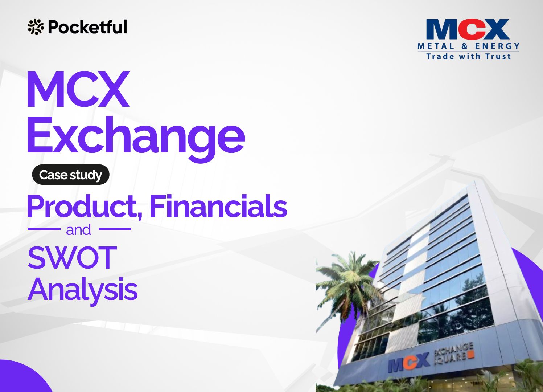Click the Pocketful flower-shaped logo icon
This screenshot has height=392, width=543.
(36, 27)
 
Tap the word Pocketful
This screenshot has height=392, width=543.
(87, 27)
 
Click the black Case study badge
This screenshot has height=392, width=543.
(70, 175)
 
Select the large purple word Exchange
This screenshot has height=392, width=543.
(136, 138)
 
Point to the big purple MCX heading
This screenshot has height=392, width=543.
(78, 89)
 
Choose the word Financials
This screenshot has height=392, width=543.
(218, 206)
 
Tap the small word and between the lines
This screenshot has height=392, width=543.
(79, 230)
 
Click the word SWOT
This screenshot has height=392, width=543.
(72, 257)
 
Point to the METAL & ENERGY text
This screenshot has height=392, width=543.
(468, 46)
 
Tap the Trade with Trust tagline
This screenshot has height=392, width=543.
(468, 57)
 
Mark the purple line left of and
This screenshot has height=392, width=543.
(44, 229)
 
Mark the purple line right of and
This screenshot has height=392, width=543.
(115, 229)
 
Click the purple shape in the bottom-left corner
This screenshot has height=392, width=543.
(22, 379)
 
